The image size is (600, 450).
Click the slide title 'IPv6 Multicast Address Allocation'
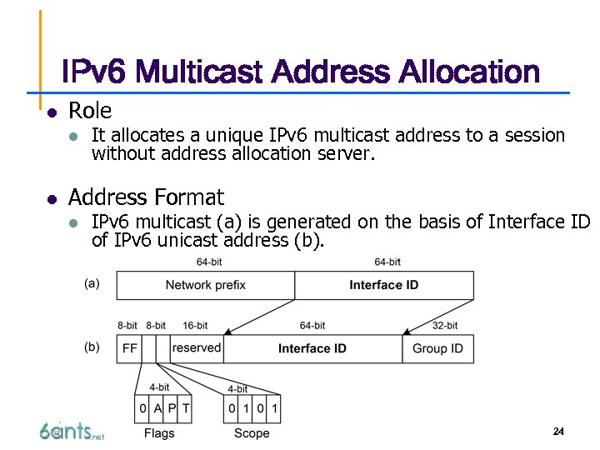click(301, 72)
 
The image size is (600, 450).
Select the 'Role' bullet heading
click(89, 110)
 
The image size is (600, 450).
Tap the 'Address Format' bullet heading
click(146, 197)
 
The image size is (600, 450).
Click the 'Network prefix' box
click(205, 285)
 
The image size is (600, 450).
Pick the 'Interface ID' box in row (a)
click(383, 285)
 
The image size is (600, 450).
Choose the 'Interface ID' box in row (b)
click(312, 348)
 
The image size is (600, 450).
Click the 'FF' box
click(129, 348)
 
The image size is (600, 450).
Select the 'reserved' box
click(197, 347)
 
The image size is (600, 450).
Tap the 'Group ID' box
click(437, 348)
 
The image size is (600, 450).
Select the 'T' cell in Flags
click(185, 408)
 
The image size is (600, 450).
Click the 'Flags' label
click(159, 432)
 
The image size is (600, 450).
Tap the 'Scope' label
click(252, 432)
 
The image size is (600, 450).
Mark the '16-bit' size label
click(195, 325)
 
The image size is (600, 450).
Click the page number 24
click(558, 431)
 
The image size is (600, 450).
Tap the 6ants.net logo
click(72, 431)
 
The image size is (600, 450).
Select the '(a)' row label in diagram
click(92, 283)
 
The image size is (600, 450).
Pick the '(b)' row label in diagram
click(92, 347)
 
